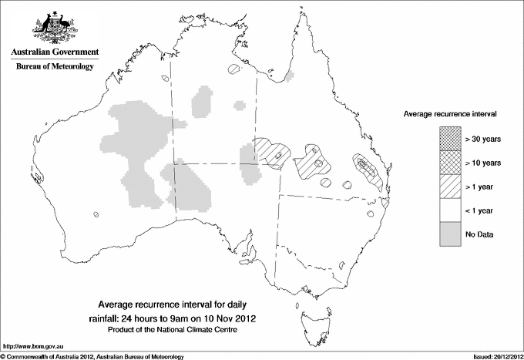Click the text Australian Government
(54, 52)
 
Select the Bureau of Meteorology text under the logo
(54, 67)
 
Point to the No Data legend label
(479, 234)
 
